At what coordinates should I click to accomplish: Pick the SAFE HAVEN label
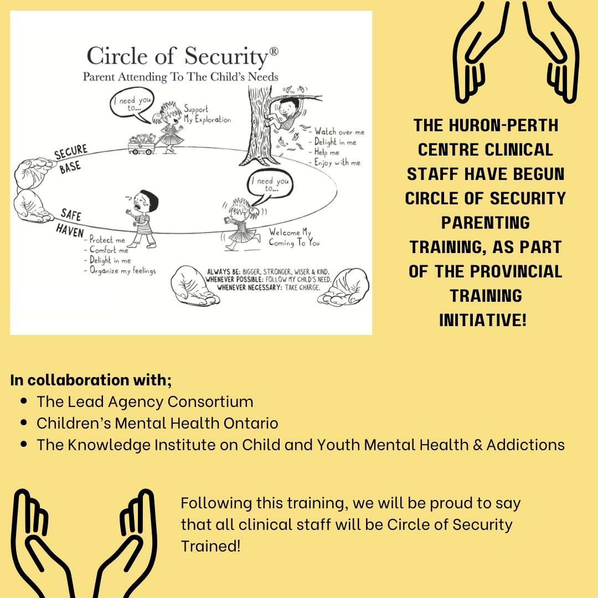[70, 222]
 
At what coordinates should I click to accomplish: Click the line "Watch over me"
[339, 132]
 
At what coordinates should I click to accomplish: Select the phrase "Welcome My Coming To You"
[293, 238]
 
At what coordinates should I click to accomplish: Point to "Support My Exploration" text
[207, 115]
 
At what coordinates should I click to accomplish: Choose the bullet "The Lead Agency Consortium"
[145, 401]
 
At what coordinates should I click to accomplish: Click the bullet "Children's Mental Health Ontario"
[157, 424]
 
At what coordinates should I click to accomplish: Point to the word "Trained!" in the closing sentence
[211, 546]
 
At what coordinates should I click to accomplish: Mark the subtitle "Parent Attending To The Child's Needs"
[181, 76]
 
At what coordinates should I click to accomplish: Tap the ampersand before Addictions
[477, 445]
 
